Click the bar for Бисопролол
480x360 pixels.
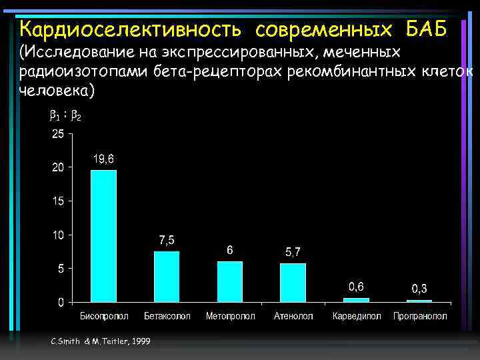[103, 237]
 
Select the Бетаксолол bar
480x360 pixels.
[167, 277]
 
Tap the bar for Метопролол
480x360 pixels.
[230, 282]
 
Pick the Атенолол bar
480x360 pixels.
[293, 283]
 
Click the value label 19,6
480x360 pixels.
[103, 159]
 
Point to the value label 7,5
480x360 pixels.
[167, 240]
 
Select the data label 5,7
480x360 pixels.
[293, 252]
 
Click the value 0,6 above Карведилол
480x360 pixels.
[356, 287]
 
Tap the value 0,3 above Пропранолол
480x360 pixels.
[419, 288]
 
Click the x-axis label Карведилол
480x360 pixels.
[357, 316]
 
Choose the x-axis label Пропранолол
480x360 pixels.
[420, 316]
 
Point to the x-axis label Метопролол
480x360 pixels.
[230, 316]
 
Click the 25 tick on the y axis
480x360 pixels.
[58, 134]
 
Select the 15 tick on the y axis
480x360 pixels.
[58, 201]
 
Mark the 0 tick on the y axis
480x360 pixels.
[61, 303]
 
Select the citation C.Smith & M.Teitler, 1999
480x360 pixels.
[100, 341]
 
